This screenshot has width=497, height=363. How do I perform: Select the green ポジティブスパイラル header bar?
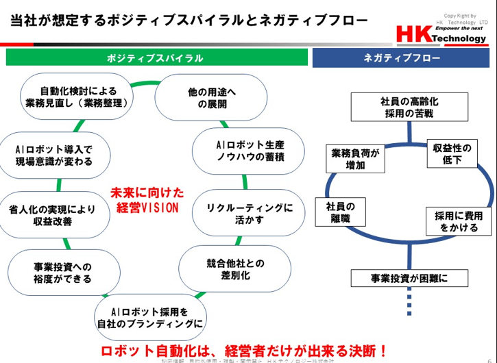(156, 58)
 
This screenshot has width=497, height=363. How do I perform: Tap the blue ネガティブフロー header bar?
(402, 58)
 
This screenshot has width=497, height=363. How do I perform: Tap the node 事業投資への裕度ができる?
(62, 272)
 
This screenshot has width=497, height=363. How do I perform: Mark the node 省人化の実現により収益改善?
(54, 214)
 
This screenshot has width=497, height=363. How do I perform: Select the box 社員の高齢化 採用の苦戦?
(409, 107)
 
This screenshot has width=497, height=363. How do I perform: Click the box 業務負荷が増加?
(355, 158)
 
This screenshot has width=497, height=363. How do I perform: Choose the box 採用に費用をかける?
(459, 221)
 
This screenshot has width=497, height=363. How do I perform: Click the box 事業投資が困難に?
(409, 278)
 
